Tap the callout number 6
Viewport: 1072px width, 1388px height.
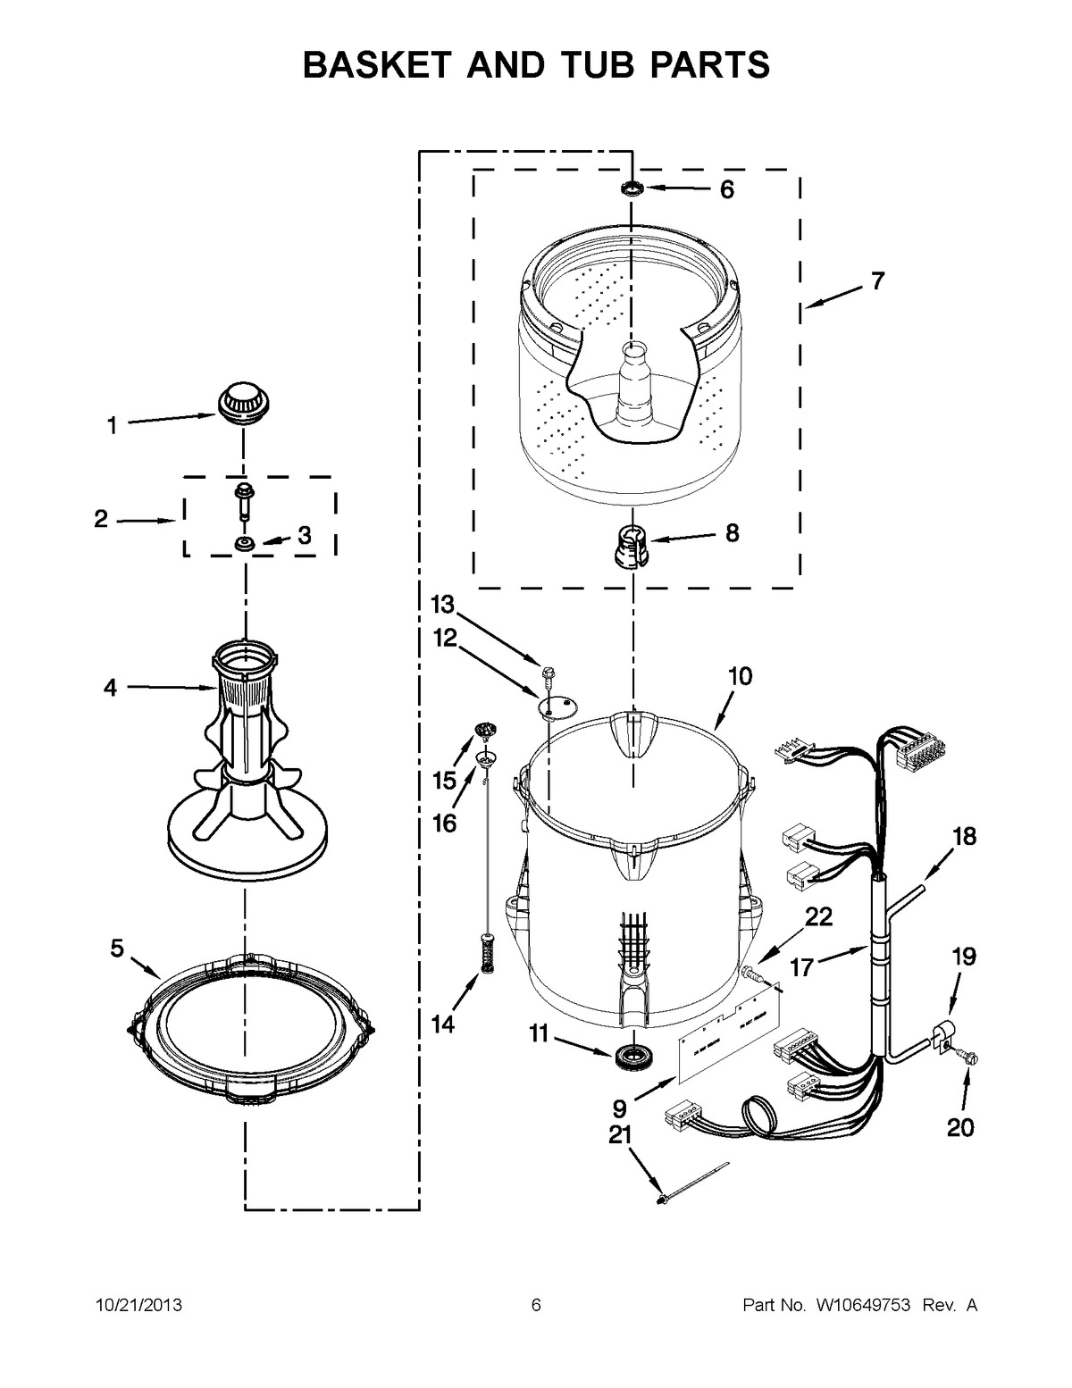726,189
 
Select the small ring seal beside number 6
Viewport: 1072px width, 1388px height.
632,188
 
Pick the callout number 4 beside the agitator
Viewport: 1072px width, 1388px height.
110,688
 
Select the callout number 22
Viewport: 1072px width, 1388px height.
819,916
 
